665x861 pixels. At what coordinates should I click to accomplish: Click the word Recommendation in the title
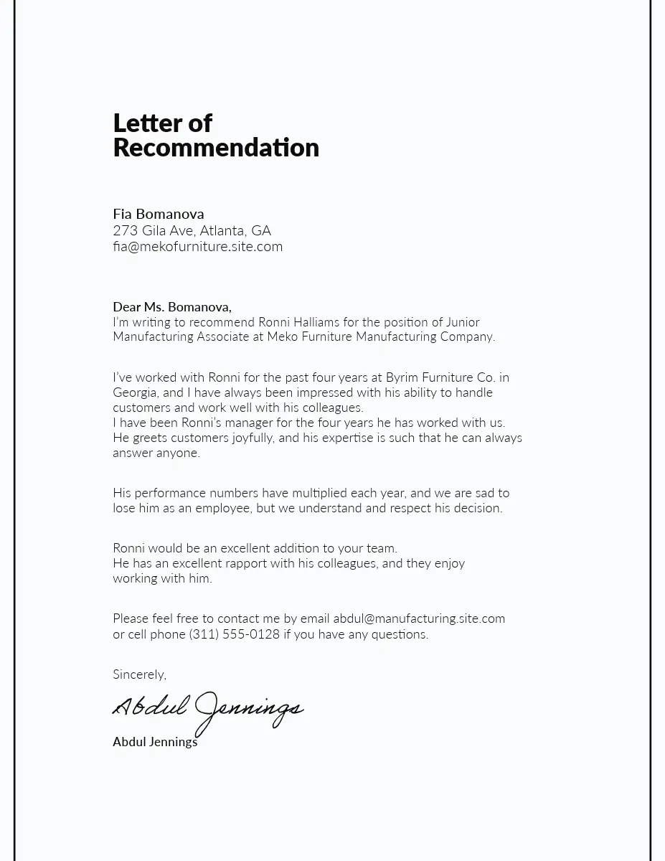pyautogui.click(x=216, y=148)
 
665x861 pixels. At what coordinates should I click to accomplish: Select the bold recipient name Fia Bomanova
pyautogui.click(x=159, y=214)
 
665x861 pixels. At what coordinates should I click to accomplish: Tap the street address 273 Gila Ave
pyautogui.click(x=153, y=230)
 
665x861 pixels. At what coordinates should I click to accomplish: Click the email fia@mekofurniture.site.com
pyautogui.click(x=197, y=247)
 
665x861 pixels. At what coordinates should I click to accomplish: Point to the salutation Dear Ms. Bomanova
pyautogui.click(x=171, y=307)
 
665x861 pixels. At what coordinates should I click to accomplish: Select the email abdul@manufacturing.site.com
pyautogui.click(x=419, y=618)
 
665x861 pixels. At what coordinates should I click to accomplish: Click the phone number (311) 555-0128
pyautogui.click(x=235, y=634)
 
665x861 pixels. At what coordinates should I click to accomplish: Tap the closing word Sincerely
pyautogui.click(x=139, y=674)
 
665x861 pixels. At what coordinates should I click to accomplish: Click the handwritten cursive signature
pyautogui.click(x=208, y=709)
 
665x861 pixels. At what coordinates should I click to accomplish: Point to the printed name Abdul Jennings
pyautogui.click(x=155, y=742)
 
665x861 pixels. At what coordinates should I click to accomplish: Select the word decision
pyautogui.click(x=479, y=508)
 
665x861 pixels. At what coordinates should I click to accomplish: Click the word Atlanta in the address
pyautogui.click(x=222, y=230)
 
